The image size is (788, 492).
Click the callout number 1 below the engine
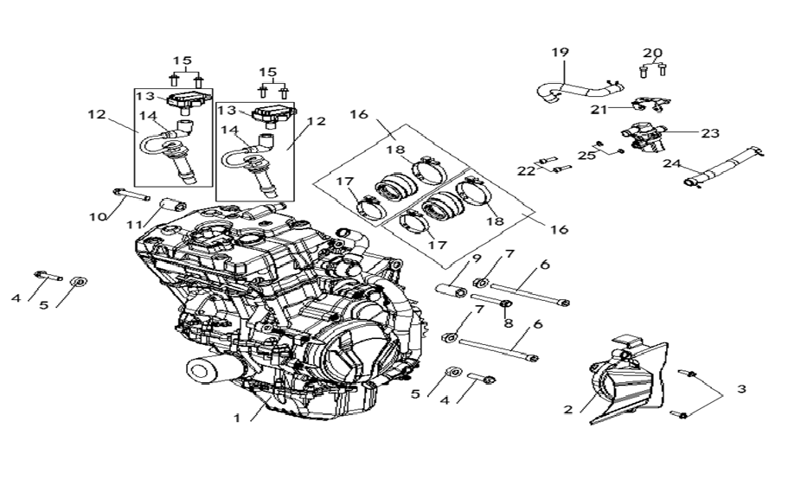pyautogui.click(x=236, y=418)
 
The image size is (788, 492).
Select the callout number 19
pyautogui.click(x=560, y=53)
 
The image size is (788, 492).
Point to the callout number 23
pyautogui.click(x=710, y=133)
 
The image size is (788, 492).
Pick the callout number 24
pyautogui.click(x=672, y=163)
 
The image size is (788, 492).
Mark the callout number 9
pyautogui.click(x=476, y=259)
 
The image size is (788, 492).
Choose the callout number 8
pyautogui.click(x=509, y=324)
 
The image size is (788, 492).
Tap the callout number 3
pyautogui.click(x=740, y=390)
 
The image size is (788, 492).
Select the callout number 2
pyautogui.click(x=567, y=410)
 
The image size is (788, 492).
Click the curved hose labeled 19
pyautogui.click(x=575, y=86)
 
